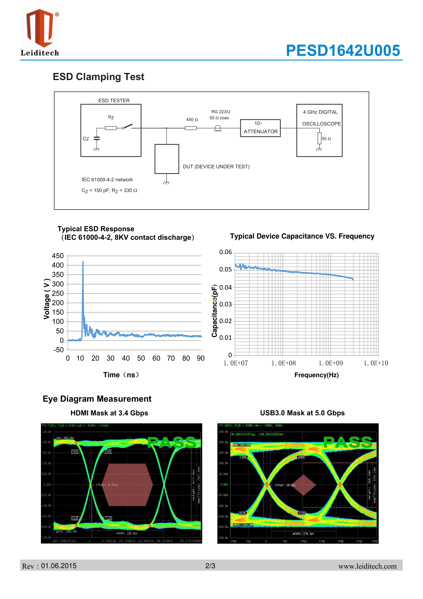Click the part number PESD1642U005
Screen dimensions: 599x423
click(x=343, y=50)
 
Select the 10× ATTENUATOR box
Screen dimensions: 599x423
click(x=260, y=128)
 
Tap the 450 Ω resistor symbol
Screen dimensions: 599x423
click(x=190, y=128)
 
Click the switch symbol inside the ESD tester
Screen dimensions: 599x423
click(x=128, y=126)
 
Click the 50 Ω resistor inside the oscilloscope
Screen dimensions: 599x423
click(x=319, y=138)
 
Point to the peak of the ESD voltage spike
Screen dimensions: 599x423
click(x=83, y=261)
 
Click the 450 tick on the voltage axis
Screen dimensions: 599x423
click(x=58, y=256)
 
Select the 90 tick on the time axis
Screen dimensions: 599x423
click(x=201, y=358)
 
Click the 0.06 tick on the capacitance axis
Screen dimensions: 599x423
click(x=225, y=252)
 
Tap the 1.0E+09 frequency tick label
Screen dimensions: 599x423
click(x=330, y=363)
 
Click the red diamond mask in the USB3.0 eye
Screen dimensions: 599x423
click(x=303, y=485)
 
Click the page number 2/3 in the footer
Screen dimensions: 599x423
click(x=210, y=566)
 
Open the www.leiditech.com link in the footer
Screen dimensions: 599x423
click(x=367, y=566)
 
